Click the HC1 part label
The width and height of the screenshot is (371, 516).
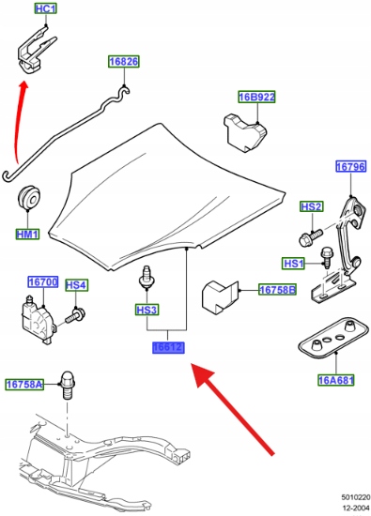(x=46, y=8)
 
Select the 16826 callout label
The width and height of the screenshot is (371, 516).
(x=124, y=62)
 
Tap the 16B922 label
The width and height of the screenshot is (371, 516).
(x=256, y=97)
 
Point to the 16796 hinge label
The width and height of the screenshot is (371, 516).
(x=351, y=166)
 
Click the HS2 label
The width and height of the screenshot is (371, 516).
(x=312, y=206)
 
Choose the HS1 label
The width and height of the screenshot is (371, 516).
(x=294, y=264)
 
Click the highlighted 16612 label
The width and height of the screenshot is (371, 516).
(x=168, y=347)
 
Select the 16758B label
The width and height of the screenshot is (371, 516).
(x=277, y=290)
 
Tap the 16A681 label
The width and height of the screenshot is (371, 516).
(x=336, y=380)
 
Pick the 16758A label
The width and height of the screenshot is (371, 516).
(x=24, y=384)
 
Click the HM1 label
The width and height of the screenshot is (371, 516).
(x=27, y=234)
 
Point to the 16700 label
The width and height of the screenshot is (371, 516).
(x=43, y=281)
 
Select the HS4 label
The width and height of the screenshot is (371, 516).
(x=76, y=285)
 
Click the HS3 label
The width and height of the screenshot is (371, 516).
(x=147, y=310)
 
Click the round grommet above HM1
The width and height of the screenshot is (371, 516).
(x=29, y=198)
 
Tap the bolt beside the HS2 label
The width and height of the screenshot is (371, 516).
(x=311, y=235)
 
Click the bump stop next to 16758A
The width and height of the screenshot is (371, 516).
(x=68, y=386)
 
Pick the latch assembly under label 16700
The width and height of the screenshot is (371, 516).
(x=39, y=320)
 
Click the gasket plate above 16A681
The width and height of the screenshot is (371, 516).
(x=333, y=335)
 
